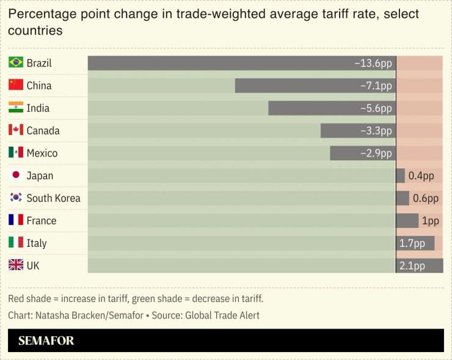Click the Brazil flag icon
pos(16,63)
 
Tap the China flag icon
pos(16,86)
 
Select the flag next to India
pos(16,108)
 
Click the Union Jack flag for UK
pos(16,265)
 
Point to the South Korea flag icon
pos(16,198)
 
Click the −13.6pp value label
pos(373,63)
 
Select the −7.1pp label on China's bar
pos(376,86)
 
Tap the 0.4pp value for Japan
pos(421,176)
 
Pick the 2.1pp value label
pos(412,266)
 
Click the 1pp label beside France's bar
pos(431,221)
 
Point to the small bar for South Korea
pos(403,198)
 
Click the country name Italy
pos(37,243)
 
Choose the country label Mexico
pos(42,153)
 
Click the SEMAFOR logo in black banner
pos(46,340)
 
